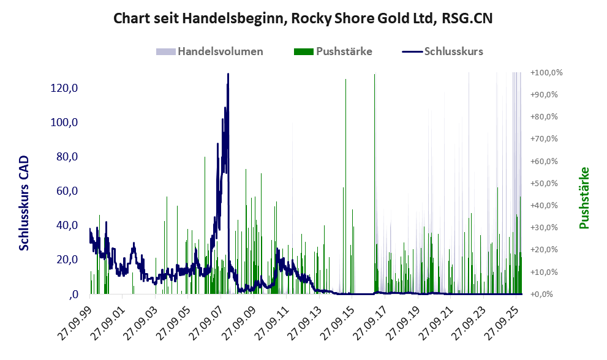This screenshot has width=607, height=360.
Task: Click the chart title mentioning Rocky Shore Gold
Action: coord(303,18)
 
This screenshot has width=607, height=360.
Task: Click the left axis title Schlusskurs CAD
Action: coord(24,203)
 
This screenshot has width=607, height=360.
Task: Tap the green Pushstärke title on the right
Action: coord(584,198)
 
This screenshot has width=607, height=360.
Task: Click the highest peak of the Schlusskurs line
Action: coord(228,75)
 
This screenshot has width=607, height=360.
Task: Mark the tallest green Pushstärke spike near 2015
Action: coord(345,80)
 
